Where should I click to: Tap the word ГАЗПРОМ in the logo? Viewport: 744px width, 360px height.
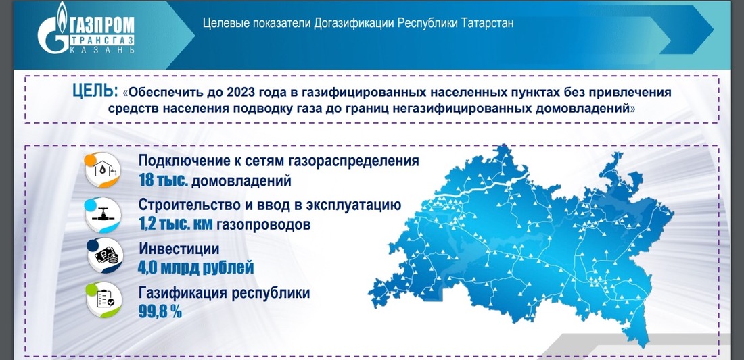[101, 24]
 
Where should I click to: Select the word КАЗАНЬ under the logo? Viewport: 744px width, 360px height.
[102, 49]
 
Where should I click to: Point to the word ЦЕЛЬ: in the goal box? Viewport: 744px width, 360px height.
[95, 91]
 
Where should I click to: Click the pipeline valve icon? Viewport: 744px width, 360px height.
[103, 215]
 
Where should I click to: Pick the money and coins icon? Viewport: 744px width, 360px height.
[104, 256]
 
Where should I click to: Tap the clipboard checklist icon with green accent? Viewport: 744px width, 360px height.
[104, 299]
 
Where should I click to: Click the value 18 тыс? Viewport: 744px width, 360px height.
[163, 181]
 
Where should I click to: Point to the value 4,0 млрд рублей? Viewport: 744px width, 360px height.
[196, 267]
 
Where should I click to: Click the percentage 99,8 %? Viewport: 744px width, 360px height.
[160, 311]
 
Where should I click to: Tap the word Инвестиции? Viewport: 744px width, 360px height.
[179, 249]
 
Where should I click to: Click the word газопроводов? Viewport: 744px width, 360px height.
[263, 224]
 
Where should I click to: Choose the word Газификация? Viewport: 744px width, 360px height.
[183, 292]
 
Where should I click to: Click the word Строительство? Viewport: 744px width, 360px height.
[187, 205]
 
